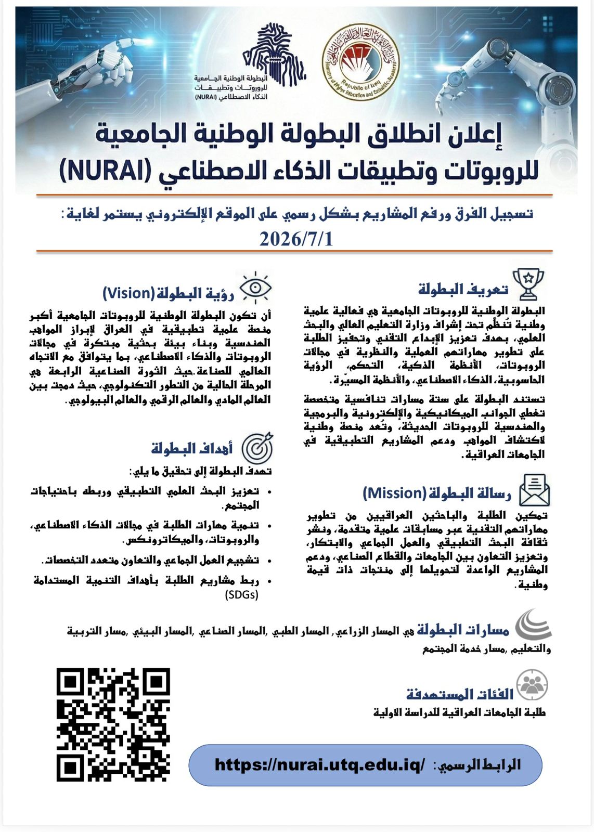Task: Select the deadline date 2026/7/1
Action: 296,239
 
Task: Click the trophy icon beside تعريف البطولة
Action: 528,284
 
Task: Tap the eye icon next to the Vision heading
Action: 255,288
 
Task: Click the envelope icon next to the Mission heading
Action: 534,490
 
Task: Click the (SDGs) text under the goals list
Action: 241,594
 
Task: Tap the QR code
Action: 113,724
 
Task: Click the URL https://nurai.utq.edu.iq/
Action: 319,764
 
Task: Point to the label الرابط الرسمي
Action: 479,765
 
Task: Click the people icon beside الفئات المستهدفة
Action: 532,685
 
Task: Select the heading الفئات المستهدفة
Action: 460,694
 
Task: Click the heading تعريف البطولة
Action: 463,289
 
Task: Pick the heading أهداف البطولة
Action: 192,448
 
